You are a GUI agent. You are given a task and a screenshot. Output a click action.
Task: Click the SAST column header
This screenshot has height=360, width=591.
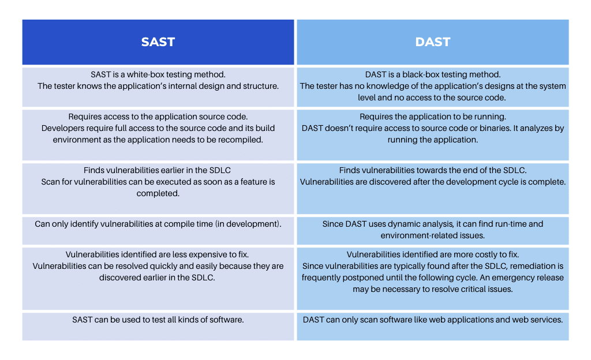(158, 42)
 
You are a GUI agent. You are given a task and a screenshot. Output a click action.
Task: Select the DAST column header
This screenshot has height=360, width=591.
(433, 42)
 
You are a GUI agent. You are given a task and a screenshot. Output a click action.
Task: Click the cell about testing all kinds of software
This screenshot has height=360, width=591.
(158, 327)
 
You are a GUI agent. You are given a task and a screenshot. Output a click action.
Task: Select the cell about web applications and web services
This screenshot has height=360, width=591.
(433, 327)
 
